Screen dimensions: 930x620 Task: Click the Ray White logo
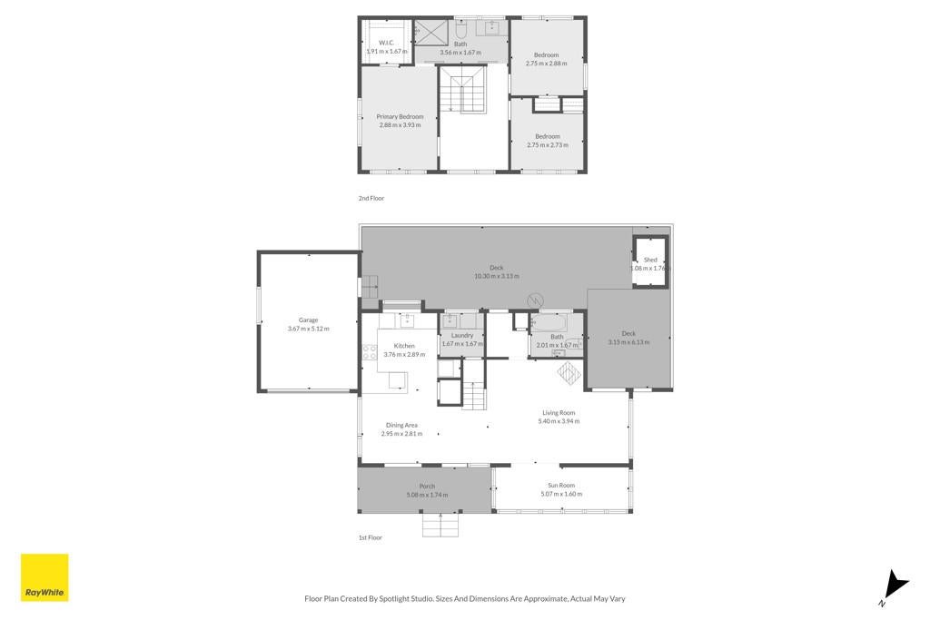pyautogui.click(x=45, y=577)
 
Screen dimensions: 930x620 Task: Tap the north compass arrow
pyautogui.click(x=895, y=585)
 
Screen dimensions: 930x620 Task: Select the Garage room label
pyautogui.click(x=309, y=320)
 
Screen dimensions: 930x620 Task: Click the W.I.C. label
pyautogui.click(x=386, y=43)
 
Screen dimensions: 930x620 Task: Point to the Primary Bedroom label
pyautogui.click(x=400, y=117)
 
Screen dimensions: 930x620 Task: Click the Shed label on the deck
pyautogui.click(x=650, y=260)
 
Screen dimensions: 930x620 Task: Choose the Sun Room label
pyautogui.click(x=561, y=486)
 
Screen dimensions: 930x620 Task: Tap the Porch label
pyautogui.click(x=427, y=486)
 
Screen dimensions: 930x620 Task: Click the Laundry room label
pyautogui.click(x=462, y=336)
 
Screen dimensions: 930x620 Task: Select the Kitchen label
pyautogui.click(x=404, y=346)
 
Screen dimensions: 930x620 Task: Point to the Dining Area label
pyautogui.click(x=401, y=425)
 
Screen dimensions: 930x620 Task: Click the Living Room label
pyautogui.click(x=559, y=412)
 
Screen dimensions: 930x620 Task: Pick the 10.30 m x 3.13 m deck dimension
pyautogui.click(x=497, y=276)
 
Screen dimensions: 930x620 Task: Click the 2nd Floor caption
pyautogui.click(x=371, y=198)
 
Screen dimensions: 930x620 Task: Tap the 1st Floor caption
pyautogui.click(x=371, y=537)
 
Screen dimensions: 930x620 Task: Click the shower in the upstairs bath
pyautogui.click(x=431, y=32)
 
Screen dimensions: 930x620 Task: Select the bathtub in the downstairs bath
pyautogui.click(x=549, y=324)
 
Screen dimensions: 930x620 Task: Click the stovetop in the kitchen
pyautogui.click(x=370, y=352)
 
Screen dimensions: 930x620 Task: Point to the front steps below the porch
pyautogui.click(x=440, y=526)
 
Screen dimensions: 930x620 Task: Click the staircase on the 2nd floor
pyautogui.click(x=465, y=89)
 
